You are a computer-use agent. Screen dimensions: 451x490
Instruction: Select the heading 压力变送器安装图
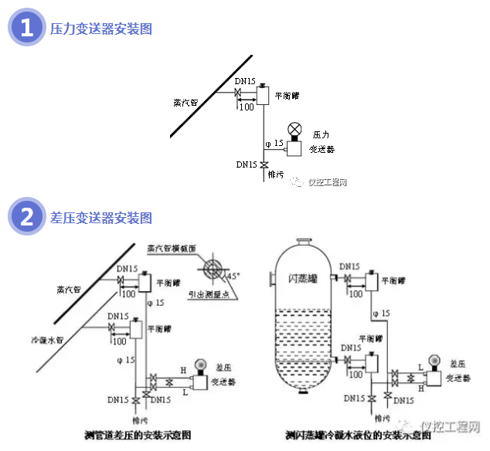click(x=100, y=29)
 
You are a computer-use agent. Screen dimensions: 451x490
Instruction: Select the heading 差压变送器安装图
click(x=100, y=218)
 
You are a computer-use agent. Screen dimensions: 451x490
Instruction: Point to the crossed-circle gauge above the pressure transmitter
click(x=294, y=128)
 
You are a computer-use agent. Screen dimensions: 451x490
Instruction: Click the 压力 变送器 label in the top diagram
click(x=322, y=142)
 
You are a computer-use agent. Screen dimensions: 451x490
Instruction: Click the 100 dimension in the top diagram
click(x=246, y=107)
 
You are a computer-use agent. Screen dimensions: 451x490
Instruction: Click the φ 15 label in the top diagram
click(x=274, y=143)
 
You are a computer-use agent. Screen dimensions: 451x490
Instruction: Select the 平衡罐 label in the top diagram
click(x=288, y=95)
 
